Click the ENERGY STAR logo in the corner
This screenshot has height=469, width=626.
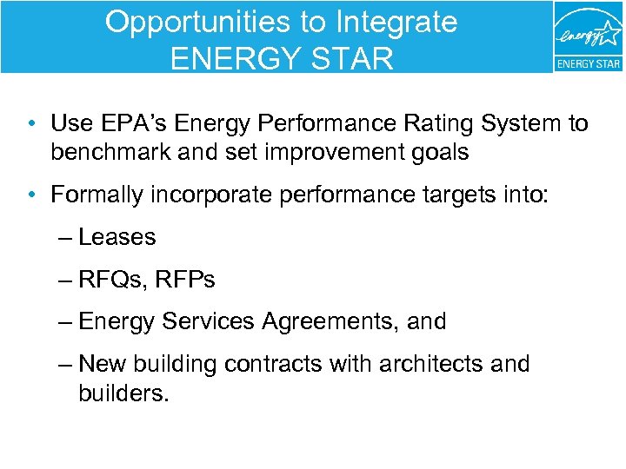589,36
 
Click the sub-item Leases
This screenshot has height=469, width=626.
117,237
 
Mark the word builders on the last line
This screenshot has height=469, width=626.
122,393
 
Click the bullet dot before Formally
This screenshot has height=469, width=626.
30,195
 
